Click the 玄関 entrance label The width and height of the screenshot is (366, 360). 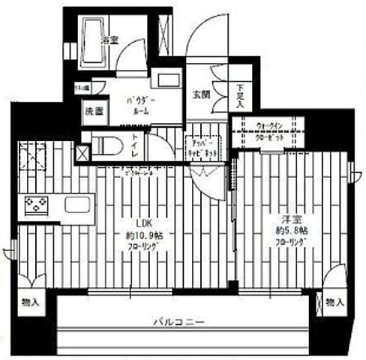tap(202, 95)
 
